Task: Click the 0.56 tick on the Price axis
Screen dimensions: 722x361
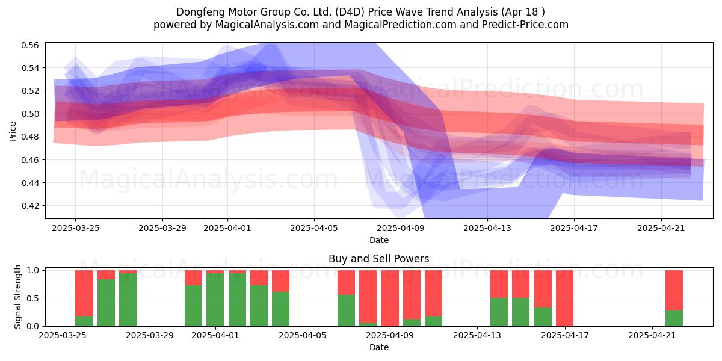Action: (30, 45)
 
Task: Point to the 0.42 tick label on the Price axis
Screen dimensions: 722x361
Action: (30, 206)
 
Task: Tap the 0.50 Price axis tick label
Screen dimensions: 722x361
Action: (30, 114)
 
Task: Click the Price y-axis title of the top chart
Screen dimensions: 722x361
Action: (13, 131)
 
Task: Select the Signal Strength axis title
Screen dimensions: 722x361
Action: (17, 297)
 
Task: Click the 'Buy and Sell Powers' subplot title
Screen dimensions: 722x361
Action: (378, 259)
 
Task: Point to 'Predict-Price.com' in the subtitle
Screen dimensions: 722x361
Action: (525, 25)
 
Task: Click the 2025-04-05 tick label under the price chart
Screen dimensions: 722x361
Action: (314, 228)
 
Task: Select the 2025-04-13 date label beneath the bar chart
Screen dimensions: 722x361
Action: (477, 336)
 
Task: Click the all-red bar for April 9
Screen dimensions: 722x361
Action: (390, 298)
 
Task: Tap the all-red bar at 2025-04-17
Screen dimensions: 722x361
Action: (565, 298)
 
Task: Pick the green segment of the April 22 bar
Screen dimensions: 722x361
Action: (674, 318)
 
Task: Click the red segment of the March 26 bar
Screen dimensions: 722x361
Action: (84, 294)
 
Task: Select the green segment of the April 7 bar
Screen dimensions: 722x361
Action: (346, 310)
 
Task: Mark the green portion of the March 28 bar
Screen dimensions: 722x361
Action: (128, 300)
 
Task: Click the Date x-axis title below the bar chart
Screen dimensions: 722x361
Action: (378, 347)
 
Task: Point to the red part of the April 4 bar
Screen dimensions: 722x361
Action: (281, 281)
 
